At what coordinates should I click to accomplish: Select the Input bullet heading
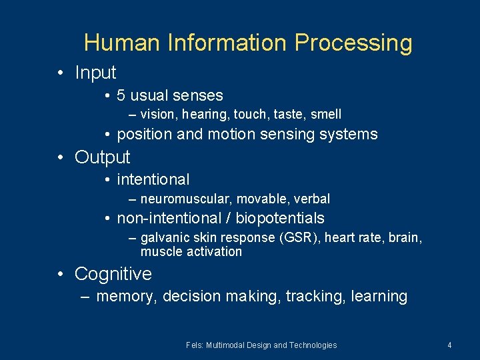pos(95,72)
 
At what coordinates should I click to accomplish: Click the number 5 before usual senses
pos(121,95)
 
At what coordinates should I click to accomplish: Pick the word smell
pos(325,115)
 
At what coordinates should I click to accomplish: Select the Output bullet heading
pos(103,157)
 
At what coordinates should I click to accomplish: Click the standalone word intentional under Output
pos(153,179)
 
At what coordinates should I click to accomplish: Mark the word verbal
pos(311,199)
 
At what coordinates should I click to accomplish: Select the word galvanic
pos(165,238)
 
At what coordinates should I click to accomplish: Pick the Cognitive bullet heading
pos(113,273)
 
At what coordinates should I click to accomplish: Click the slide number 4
pos(449,345)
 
